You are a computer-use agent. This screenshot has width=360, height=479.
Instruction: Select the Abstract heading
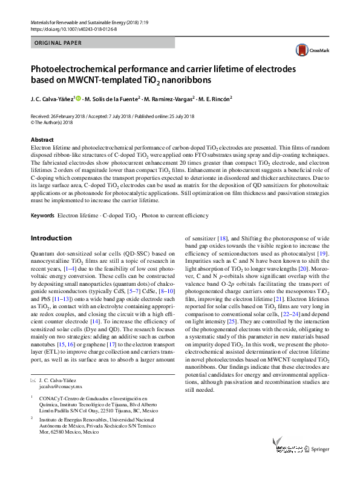coord(42,139)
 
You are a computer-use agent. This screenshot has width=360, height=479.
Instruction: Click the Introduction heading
coord(51,238)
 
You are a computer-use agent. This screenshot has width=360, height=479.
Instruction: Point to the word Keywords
coord(42,216)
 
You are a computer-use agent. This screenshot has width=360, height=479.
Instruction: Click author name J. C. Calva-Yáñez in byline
coord(51,99)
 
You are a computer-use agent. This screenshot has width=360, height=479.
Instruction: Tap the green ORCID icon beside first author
coord(78,99)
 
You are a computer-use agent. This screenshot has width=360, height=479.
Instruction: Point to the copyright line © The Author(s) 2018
coord(51,122)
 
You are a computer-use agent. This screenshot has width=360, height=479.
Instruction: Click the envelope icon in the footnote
coord(33,378)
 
